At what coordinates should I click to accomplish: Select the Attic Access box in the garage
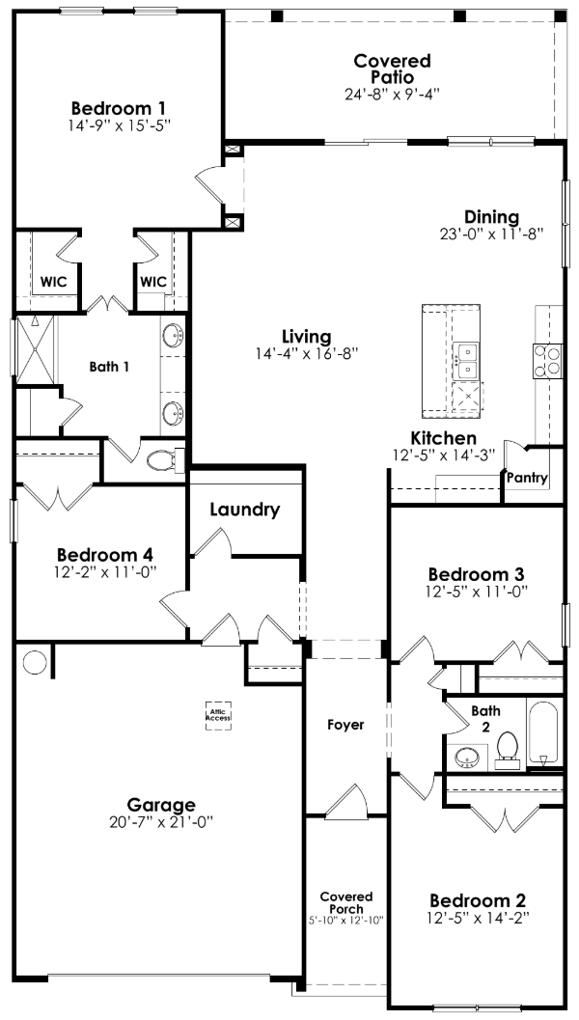tap(217, 715)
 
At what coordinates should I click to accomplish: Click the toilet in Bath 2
tap(509, 749)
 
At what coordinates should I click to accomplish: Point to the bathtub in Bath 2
tap(542, 733)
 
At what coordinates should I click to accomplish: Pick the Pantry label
tap(527, 478)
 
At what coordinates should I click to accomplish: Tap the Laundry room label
tap(244, 510)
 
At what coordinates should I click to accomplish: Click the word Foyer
tap(345, 725)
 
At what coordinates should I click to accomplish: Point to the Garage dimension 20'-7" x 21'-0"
tap(161, 822)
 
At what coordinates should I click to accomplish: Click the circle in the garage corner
tap(35, 663)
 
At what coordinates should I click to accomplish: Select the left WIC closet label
tap(53, 282)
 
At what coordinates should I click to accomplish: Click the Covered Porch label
tap(346, 903)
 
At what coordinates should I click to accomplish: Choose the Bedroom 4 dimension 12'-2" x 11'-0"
tap(105, 572)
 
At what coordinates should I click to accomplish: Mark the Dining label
tap(491, 217)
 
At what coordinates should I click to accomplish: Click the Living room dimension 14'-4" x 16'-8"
tap(307, 353)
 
